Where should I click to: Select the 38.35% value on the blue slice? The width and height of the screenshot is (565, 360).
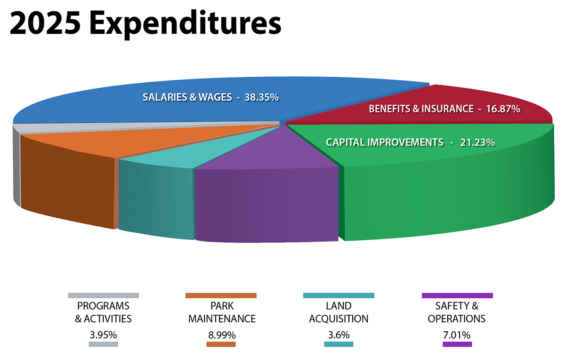pos(262,97)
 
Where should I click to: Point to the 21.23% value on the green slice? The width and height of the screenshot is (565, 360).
pos(477,142)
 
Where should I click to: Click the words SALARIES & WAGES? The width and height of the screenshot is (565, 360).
pos(187,97)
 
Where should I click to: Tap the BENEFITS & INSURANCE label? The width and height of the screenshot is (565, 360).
pos(421,109)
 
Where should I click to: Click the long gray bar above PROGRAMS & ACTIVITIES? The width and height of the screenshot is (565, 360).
pos(103,296)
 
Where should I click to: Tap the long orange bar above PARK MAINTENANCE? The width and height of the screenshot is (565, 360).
pos(221,296)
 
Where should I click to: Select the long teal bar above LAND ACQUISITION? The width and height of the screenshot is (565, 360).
pos(339,296)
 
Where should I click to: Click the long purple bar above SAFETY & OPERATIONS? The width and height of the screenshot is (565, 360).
pos(457,296)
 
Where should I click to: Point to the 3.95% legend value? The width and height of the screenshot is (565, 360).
pos(103,335)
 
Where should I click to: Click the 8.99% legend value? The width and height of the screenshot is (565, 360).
pos(221,335)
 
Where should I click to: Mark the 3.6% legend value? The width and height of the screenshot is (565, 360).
pos(339,335)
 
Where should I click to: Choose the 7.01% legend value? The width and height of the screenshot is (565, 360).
pos(457,335)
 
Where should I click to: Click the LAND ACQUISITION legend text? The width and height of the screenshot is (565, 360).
pos(339,312)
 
